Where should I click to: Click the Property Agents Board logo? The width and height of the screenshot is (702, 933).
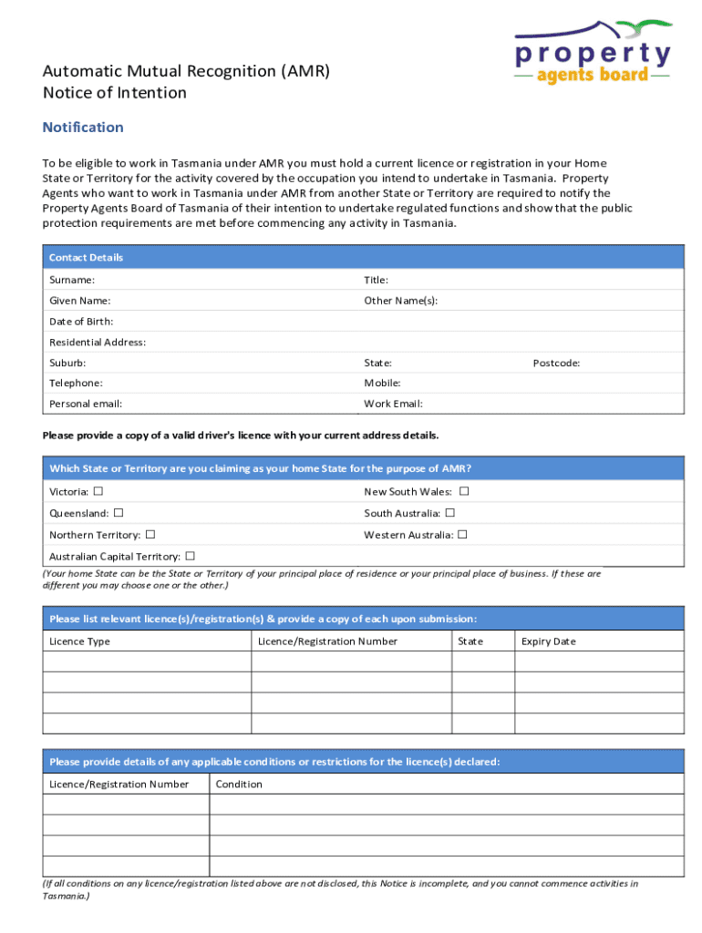(x=593, y=54)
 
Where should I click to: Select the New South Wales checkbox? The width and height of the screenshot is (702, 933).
(x=464, y=491)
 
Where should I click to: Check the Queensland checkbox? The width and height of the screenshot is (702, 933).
(x=119, y=513)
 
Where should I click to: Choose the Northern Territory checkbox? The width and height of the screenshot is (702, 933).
(x=150, y=534)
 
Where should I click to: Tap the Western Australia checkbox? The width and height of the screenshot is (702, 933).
(x=462, y=534)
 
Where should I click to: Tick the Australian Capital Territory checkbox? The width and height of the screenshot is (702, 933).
(x=191, y=556)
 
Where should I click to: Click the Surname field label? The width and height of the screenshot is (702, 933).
(x=72, y=281)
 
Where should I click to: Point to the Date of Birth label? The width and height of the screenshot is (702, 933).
(x=81, y=322)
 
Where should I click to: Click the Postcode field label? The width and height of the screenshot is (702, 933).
(x=556, y=363)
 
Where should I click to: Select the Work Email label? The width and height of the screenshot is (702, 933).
(x=393, y=404)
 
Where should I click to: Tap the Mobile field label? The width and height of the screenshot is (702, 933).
(x=382, y=384)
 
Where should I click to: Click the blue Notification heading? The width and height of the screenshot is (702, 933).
(x=83, y=128)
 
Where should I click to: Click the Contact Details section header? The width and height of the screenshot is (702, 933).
(x=86, y=258)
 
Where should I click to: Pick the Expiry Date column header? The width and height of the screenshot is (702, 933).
(x=548, y=641)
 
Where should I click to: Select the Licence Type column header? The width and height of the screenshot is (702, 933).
(x=79, y=641)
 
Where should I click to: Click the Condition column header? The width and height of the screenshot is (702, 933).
(x=239, y=784)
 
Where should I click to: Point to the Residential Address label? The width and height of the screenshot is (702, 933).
(x=98, y=343)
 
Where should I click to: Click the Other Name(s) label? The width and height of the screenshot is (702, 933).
(x=400, y=301)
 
